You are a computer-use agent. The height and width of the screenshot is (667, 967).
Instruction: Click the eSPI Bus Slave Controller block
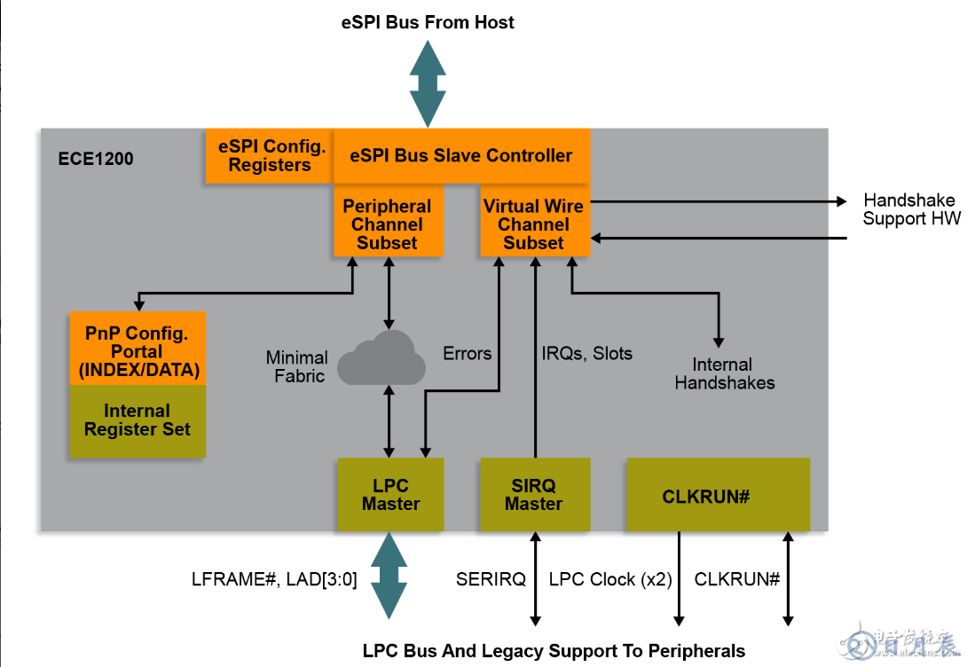[x=461, y=156]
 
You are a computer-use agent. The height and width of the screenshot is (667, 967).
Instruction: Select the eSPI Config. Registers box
[x=270, y=156]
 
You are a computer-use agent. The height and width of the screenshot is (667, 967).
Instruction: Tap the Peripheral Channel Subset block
[x=387, y=224]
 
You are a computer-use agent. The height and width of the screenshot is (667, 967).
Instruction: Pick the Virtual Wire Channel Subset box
[x=533, y=224]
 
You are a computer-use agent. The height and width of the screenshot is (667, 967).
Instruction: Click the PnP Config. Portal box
[x=138, y=351]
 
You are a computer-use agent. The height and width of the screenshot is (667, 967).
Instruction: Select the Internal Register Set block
[x=138, y=420]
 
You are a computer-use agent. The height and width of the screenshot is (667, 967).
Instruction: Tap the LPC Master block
[x=390, y=495]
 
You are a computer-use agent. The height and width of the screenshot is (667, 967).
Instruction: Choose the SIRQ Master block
[x=533, y=495]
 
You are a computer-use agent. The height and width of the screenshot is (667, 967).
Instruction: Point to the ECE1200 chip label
[x=95, y=160]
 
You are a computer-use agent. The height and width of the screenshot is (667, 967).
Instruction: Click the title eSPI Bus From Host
[x=428, y=23]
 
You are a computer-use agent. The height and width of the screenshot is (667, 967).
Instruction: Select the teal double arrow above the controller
[x=428, y=83]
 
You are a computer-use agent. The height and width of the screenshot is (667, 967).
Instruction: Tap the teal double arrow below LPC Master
[x=389, y=576]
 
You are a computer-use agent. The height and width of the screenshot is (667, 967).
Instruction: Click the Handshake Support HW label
[x=912, y=209]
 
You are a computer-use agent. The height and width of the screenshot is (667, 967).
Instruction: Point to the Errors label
[x=467, y=354]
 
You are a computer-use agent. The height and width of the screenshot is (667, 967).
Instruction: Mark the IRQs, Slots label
[x=586, y=354]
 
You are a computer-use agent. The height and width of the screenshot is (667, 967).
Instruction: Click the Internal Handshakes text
[x=724, y=373]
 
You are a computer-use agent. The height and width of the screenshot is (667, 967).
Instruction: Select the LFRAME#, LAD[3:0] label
[x=274, y=580]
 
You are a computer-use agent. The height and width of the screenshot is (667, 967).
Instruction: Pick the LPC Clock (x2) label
[x=610, y=580]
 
